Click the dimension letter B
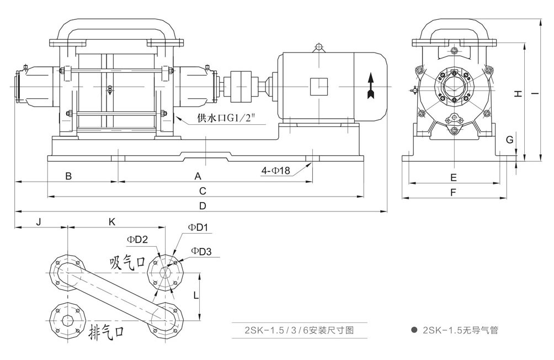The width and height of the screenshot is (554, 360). pyautogui.click(x=68, y=176)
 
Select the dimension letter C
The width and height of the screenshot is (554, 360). pyautogui.click(x=203, y=191)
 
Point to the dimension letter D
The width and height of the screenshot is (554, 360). pyautogui.click(x=203, y=206)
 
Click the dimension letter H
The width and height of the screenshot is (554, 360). pyautogui.click(x=518, y=94)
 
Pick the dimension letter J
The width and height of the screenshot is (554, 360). pyautogui.click(x=39, y=221)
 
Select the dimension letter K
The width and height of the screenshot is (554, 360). pyautogui.click(x=112, y=221)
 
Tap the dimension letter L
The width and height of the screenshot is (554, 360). pyautogui.click(x=196, y=296)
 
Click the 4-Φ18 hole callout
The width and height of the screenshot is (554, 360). pyautogui.click(x=276, y=171)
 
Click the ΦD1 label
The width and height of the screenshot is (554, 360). pyautogui.click(x=197, y=227)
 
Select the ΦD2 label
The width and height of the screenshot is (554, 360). pyautogui.click(x=137, y=239)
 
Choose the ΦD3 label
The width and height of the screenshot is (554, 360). pyautogui.click(x=201, y=252)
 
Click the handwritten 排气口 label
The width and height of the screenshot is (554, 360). pyautogui.click(x=109, y=332)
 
